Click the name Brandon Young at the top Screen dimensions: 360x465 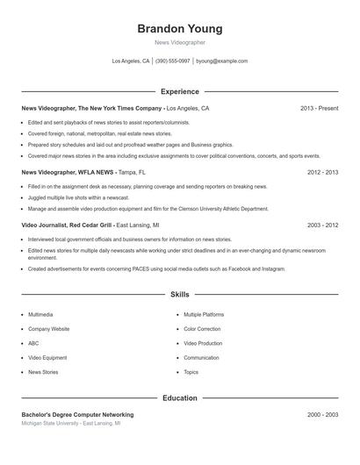pyautogui.click(x=179, y=28)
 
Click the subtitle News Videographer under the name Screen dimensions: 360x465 pyautogui.click(x=179, y=42)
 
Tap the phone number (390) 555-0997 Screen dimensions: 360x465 pyautogui.click(x=172, y=61)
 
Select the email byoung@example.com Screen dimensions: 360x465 pyautogui.click(x=221, y=61)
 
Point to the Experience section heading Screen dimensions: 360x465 pyautogui.click(x=179, y=91)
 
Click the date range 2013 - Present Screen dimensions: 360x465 pyautogui.click(x=319, y=108)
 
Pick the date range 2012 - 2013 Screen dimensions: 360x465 pyautogui.click(x=322, y=173)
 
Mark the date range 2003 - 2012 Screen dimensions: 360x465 pyautogui.click(x=322, y=225)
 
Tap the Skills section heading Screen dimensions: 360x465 pyautogui.click(x=179, y=295)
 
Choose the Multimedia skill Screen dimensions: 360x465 pyautogui.click(x=40, y=314)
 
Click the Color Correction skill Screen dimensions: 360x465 pyautogui.click(x=202, y=329)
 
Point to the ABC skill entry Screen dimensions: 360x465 pyautogui.click(x=33, y=343)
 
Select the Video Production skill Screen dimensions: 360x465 pyautogui.click(x=203, y=343)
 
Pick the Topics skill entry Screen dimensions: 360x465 pyautogui.click(x=191, y=372)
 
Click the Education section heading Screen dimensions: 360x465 pyautogui.click(x=179, y=397)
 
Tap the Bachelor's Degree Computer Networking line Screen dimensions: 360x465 pyautogui.click(x=77, y=414)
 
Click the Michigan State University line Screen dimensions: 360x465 pyautogui.click(x=71, y=423)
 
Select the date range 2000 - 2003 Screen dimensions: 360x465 pyautogui.click(x=322, y=414)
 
